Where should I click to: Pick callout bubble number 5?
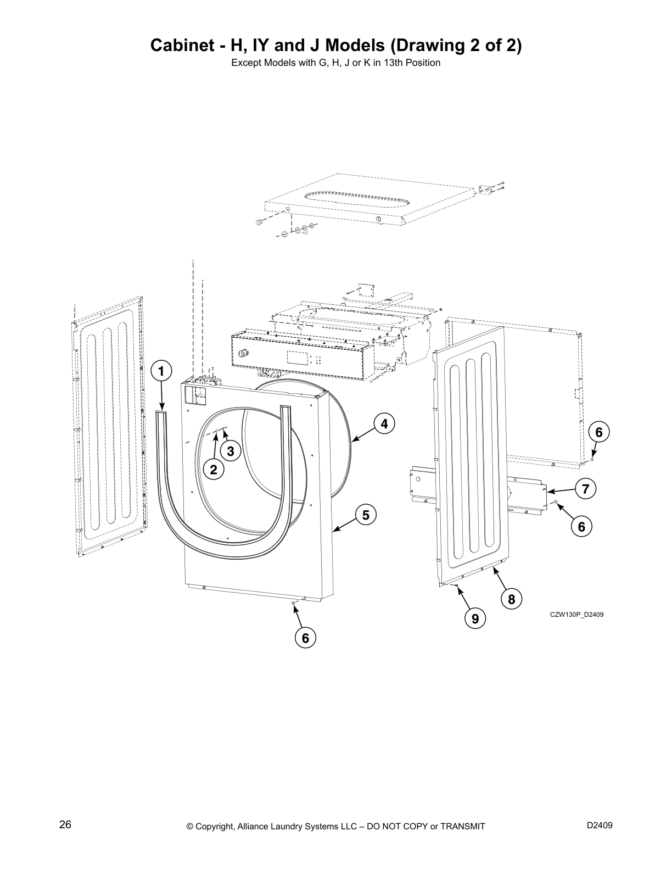tap(366, 515)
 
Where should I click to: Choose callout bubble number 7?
tap(586, 488)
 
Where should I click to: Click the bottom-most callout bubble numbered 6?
tap(305, 638)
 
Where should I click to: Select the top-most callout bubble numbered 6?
tap(599, 432)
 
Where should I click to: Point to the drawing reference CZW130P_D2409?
tap(576, 615)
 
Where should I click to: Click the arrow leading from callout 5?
tap(346, 524)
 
